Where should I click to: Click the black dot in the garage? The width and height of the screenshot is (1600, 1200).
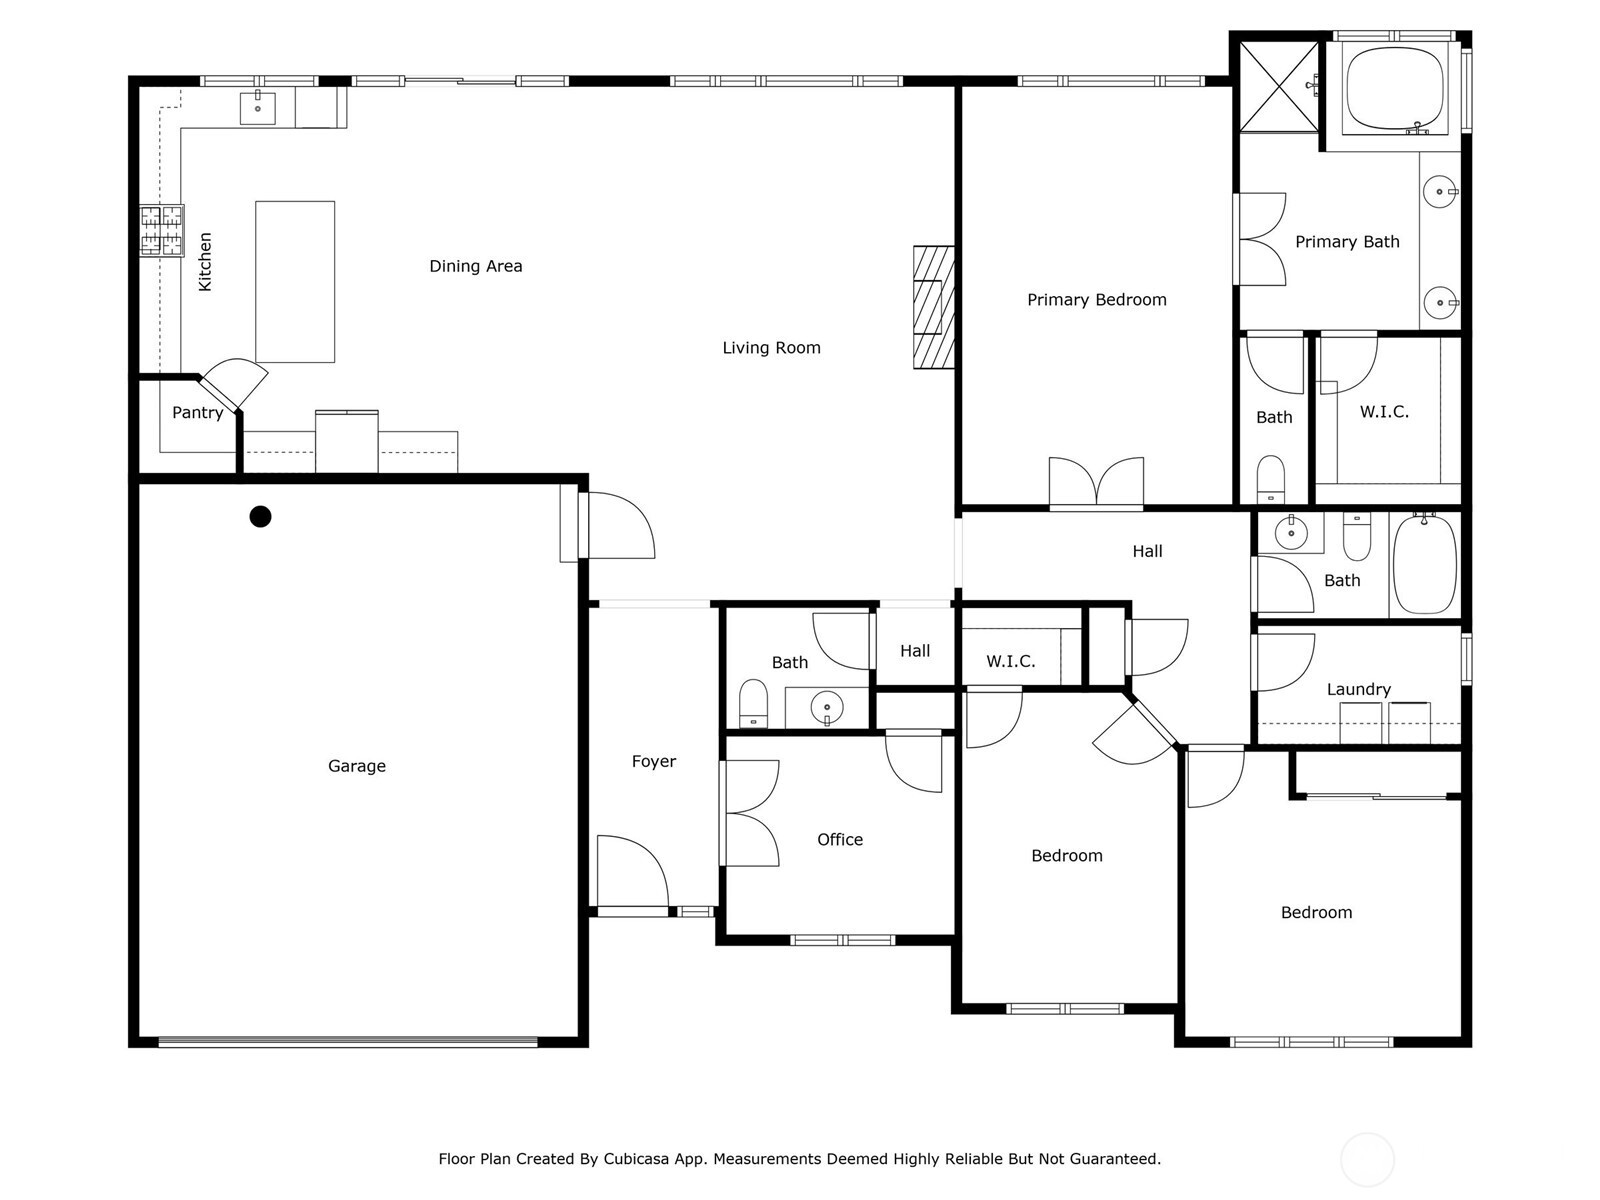pos(260,516)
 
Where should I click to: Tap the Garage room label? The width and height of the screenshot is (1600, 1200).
pos(356,766)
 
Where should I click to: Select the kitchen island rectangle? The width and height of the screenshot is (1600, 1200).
pos(295,281)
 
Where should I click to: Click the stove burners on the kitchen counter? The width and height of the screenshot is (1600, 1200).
pos(161,230)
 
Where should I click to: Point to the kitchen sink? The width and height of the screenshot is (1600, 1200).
pos(258,107)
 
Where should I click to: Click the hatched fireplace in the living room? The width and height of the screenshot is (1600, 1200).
pos(933,307)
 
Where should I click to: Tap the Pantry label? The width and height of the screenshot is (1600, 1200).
pos(197,413)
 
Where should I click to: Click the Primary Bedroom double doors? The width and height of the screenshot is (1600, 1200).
pos(1096,484)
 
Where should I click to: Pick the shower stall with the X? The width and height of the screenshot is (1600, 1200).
pos(1279,86)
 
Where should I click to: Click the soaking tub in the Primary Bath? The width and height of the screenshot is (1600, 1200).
pos(1394,88)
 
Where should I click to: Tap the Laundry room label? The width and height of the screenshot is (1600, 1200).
pos(1358,689)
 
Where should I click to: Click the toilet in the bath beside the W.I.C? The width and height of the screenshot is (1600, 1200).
pos(1270,478)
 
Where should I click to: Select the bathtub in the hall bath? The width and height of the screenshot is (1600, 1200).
pos(1425,565)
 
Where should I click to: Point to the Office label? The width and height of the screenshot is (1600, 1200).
pos(839,840)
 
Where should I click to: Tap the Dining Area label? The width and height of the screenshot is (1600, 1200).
pos(475,266)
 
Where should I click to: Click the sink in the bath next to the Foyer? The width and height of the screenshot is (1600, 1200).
pos(827,707)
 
